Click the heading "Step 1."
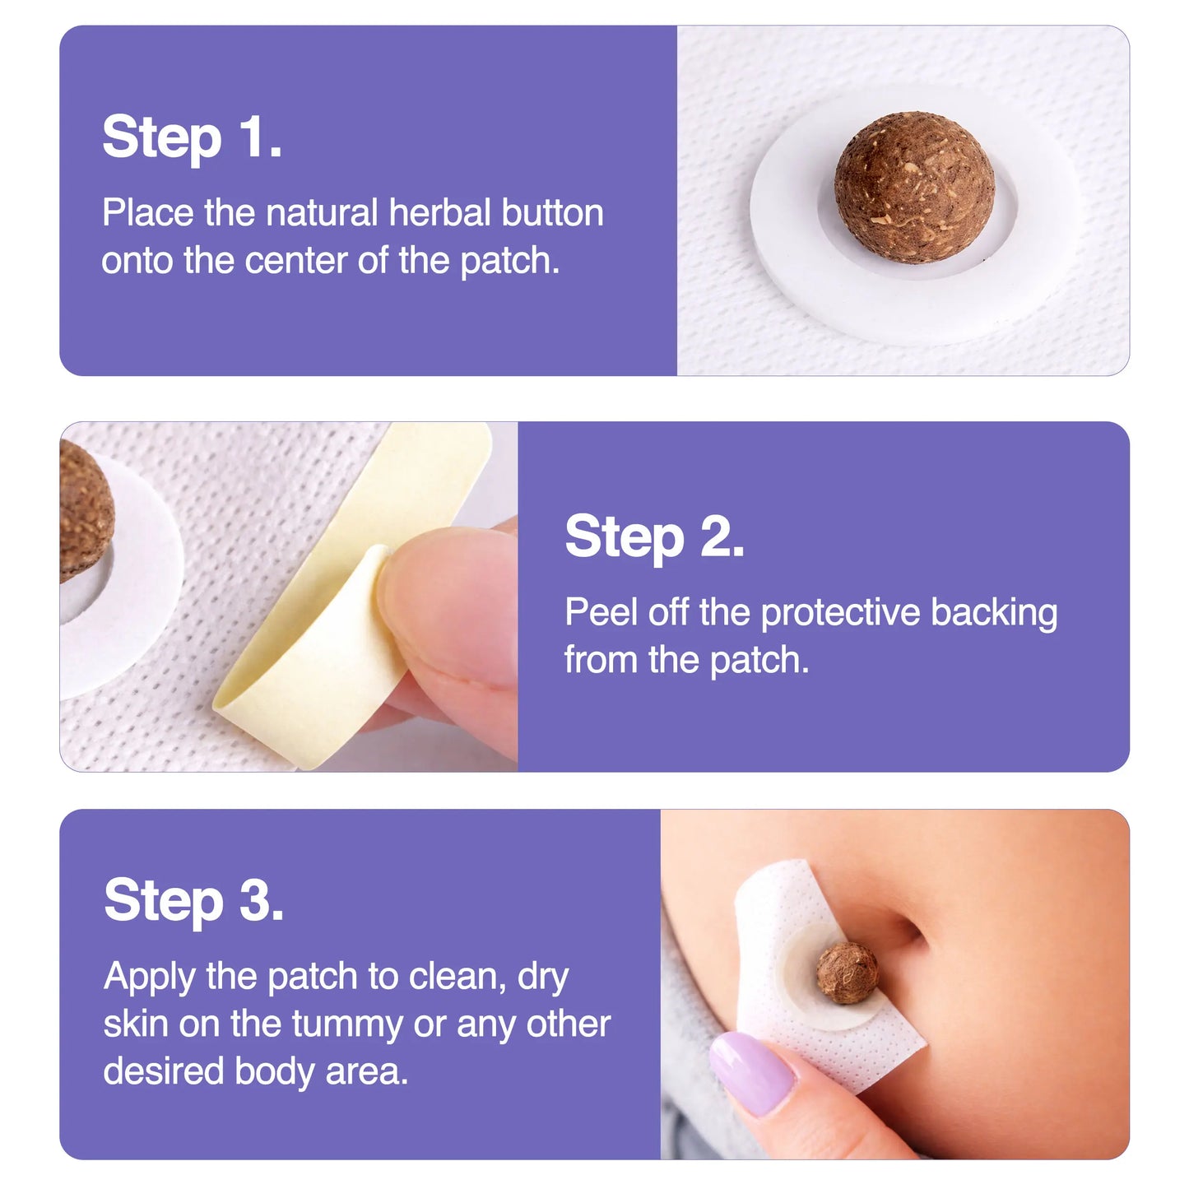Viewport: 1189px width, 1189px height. pos(192,137)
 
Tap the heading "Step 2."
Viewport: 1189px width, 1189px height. pos(654,537)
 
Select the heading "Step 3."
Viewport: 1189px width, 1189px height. pos(193,900)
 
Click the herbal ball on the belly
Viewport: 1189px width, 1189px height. pos(847,973)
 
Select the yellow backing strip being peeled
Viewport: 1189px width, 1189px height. pos(329,642)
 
